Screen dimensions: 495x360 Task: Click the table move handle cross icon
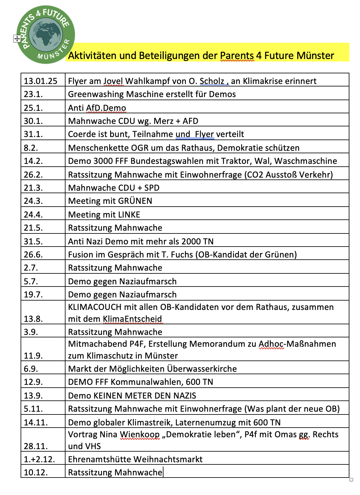click(x=17, y=39)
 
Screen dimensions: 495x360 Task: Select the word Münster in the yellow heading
click(x=315, y=56)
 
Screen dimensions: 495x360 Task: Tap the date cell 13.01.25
click(x=41, y=81)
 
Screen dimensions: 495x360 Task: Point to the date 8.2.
click(x=31, y=148)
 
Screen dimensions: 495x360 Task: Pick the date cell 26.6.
click(x=33, y=255)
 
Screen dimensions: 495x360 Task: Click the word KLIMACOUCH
click(x=95, y=307)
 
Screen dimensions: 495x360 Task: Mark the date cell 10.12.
click(x=36, y=473)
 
